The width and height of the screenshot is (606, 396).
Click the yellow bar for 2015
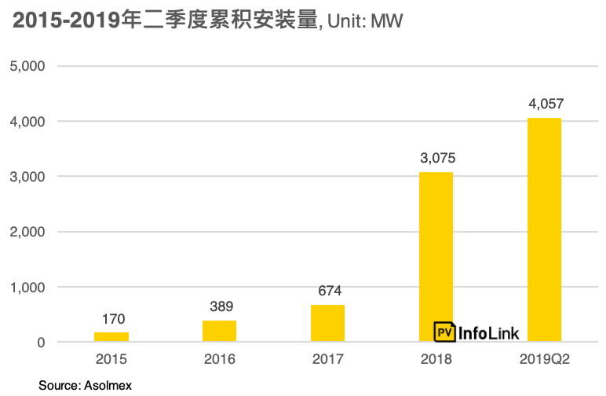pos(111,337)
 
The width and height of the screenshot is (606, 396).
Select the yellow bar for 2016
pos(220,331)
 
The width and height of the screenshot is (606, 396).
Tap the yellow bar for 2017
pos(327,323)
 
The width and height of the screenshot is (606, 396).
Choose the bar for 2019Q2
pos(544,229)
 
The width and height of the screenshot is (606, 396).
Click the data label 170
pos(113,319)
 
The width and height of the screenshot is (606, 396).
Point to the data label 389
pos(221,306)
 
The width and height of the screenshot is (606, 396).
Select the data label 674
pos(329,291)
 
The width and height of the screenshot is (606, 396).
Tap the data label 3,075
pos(437,158)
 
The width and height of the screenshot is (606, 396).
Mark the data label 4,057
pos(546,104)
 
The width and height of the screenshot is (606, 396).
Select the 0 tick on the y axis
pos(41,343)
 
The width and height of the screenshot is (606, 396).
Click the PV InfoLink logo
pos(476,332)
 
